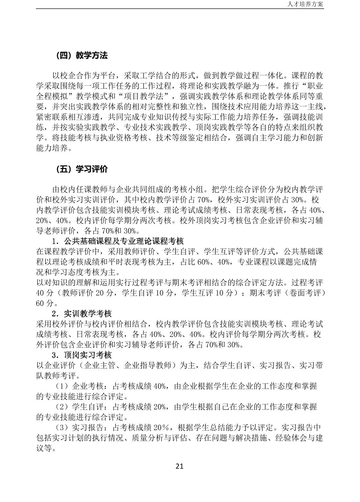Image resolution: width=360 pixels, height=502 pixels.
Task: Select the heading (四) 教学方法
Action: tap(82, 56)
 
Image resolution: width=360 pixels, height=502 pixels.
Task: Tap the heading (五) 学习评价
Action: tap(82, 169)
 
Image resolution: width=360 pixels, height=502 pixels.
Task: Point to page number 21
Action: tap(180, 466)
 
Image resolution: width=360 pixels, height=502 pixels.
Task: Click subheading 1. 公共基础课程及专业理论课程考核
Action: tap(118, 241)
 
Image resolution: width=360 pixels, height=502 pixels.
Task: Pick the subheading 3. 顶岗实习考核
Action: tap(82, 355)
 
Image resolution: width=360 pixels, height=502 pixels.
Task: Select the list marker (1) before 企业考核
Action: tap(62, 386)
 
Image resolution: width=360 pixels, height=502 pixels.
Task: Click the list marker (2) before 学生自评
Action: tap(62, 407)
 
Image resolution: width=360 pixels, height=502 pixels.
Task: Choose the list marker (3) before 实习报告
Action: tap(62, 428)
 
